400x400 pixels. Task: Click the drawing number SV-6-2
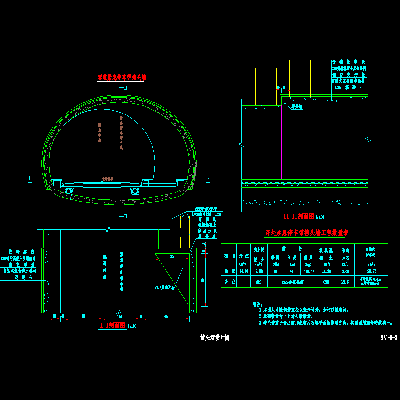coord(388,337)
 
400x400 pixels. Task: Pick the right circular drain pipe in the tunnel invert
coord(134,191)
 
